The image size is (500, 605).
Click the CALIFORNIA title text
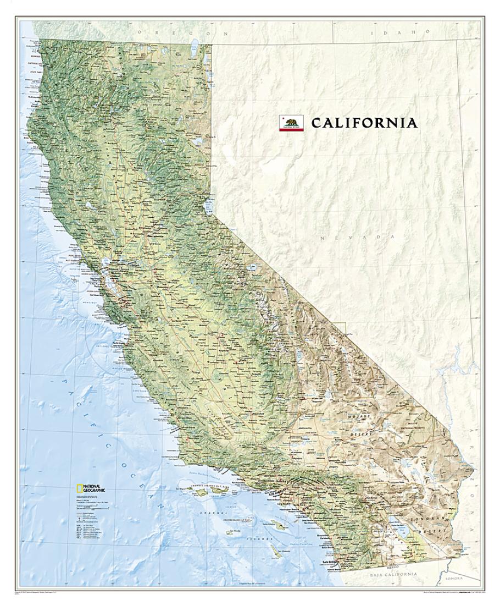pos(364,123)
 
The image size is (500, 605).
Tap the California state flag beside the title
pos(291,123)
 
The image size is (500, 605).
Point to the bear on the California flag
pos(291,122)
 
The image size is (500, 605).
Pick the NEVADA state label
pos(357,238)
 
